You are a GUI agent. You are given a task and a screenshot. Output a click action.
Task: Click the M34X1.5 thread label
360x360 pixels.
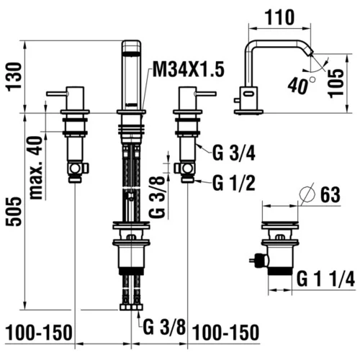[189, 69]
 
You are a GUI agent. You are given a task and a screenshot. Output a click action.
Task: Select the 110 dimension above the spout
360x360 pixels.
[279, 17]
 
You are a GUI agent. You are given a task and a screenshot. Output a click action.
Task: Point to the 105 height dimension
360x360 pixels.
[336, 83]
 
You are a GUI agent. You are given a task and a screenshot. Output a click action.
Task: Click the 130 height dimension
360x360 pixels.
[14, 77]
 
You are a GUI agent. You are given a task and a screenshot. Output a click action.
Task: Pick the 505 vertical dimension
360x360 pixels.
[14, 211]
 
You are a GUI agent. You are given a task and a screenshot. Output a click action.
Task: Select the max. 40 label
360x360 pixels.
[36, 168]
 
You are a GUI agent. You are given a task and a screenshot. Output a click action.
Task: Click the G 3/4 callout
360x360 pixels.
[233, 153]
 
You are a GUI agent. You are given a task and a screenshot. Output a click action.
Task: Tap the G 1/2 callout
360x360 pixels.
[233, 184]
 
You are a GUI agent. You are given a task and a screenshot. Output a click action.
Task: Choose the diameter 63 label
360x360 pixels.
[330, 194]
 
